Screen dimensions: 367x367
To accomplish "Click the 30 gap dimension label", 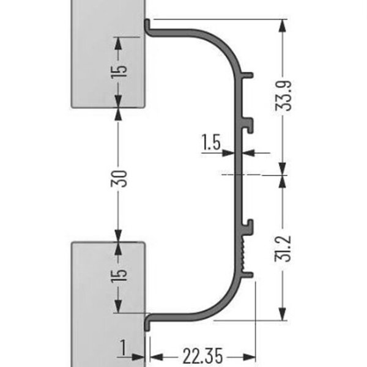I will pyautogui.click(x=120, y=177).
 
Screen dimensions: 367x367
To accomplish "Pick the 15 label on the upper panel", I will pyautogui.click(x=120, y=69).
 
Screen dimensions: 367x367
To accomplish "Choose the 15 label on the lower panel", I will pyautogui.click(x=120, y=273).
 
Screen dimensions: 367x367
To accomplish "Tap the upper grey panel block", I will pyautogui.click(x=109, y=37).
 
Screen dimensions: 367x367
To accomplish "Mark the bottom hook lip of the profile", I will pyautogui.click(x=147, y=322).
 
